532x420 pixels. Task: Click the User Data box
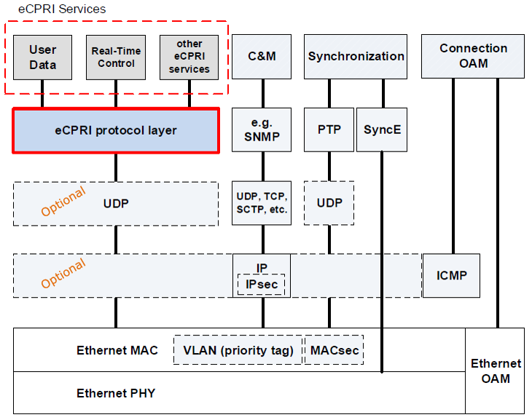43,58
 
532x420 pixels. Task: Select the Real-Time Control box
116,58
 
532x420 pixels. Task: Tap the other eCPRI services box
189,58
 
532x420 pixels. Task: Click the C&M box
262,57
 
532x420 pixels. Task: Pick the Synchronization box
356,57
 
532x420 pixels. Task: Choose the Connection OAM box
473,56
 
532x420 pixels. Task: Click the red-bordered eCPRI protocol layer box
116,130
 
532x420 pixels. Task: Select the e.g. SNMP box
262,130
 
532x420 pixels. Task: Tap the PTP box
329,130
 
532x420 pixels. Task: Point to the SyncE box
382,130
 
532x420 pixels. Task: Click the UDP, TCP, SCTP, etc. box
262,203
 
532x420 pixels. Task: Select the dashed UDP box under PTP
329,203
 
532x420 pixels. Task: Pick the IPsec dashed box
261,285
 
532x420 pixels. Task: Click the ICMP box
451,276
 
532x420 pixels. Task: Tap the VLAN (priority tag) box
238,350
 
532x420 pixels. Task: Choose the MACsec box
335,350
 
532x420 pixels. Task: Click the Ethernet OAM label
496,371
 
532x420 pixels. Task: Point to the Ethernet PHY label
116,393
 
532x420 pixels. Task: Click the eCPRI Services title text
62,9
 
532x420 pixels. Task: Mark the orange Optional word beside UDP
63,201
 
